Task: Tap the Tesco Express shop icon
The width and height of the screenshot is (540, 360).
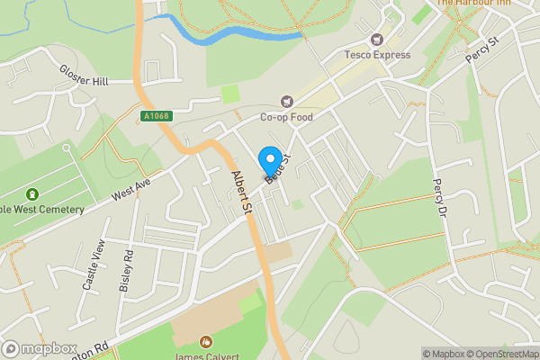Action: click(x=377, y=40)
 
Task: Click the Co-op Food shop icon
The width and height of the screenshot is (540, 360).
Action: click(x=287, y=102)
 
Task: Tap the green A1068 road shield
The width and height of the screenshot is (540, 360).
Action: click(x=156, y=116)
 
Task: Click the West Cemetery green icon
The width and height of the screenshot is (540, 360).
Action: click(x=32, y=194)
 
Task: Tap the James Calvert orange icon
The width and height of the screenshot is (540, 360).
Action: click(x=206, y=342)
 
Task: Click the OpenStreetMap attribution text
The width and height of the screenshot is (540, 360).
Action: click(x=501, y=354)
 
